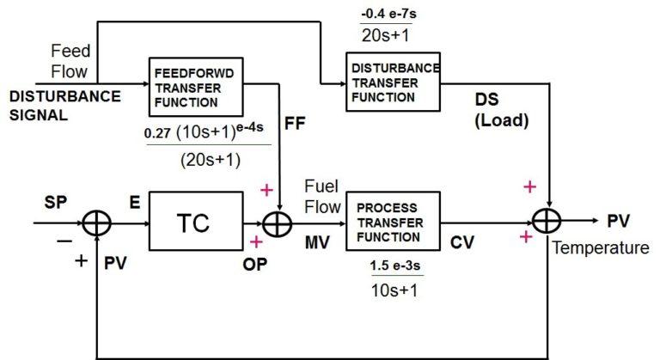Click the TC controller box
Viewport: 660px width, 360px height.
(x=193, y=223)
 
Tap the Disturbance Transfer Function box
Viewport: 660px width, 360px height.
(x=393, y=81)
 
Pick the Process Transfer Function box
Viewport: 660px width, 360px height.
(x=392, y=222)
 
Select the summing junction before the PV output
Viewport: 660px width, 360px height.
(x=545, y=222)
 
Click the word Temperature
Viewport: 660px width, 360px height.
(x=601, y=249)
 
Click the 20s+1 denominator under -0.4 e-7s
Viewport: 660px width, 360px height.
(x=388, y=35)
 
